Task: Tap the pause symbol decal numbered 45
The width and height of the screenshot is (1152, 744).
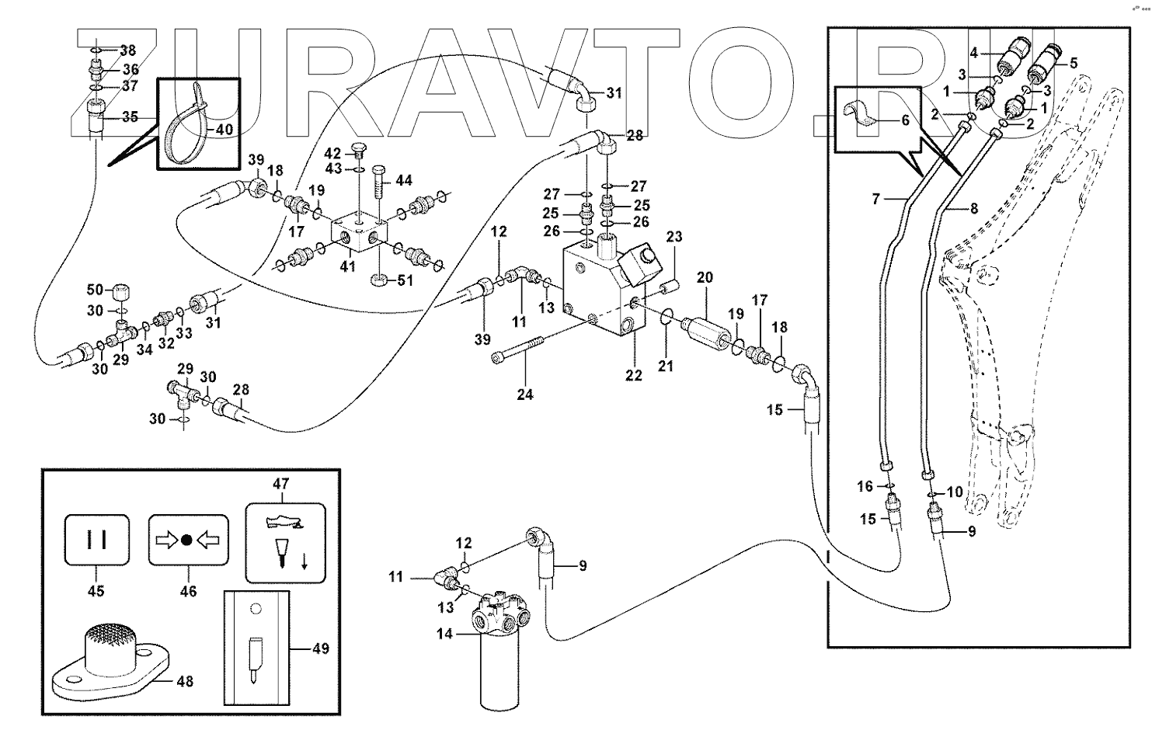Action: [x=96, y=540]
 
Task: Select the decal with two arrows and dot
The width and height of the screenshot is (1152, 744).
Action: [x=188, y=540]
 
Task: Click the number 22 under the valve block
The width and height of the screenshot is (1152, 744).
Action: [x=634, y=375]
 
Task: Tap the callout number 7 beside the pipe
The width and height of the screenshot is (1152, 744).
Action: [x=876, y=200]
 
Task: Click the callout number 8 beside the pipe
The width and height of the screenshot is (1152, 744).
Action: [x=974, y=208]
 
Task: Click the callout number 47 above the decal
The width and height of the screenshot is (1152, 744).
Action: [x=280, y=484]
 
